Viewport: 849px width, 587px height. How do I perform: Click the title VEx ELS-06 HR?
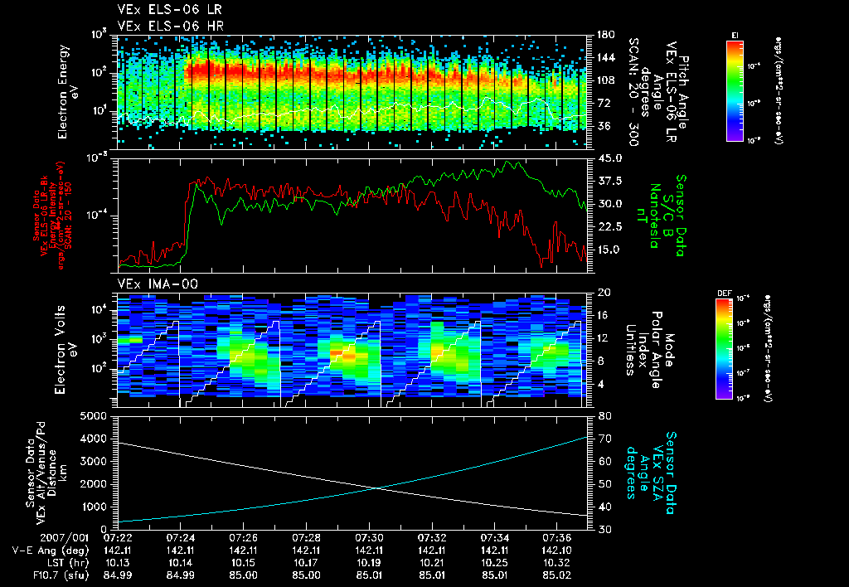tap(163, 25)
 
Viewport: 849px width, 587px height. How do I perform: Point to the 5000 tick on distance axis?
tap(99, 415)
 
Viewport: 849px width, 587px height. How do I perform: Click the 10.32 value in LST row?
tap(557, 561)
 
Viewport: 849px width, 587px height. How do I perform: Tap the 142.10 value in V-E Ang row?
tap(557, 549)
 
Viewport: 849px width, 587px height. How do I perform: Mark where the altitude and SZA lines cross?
tap(377, 488)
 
